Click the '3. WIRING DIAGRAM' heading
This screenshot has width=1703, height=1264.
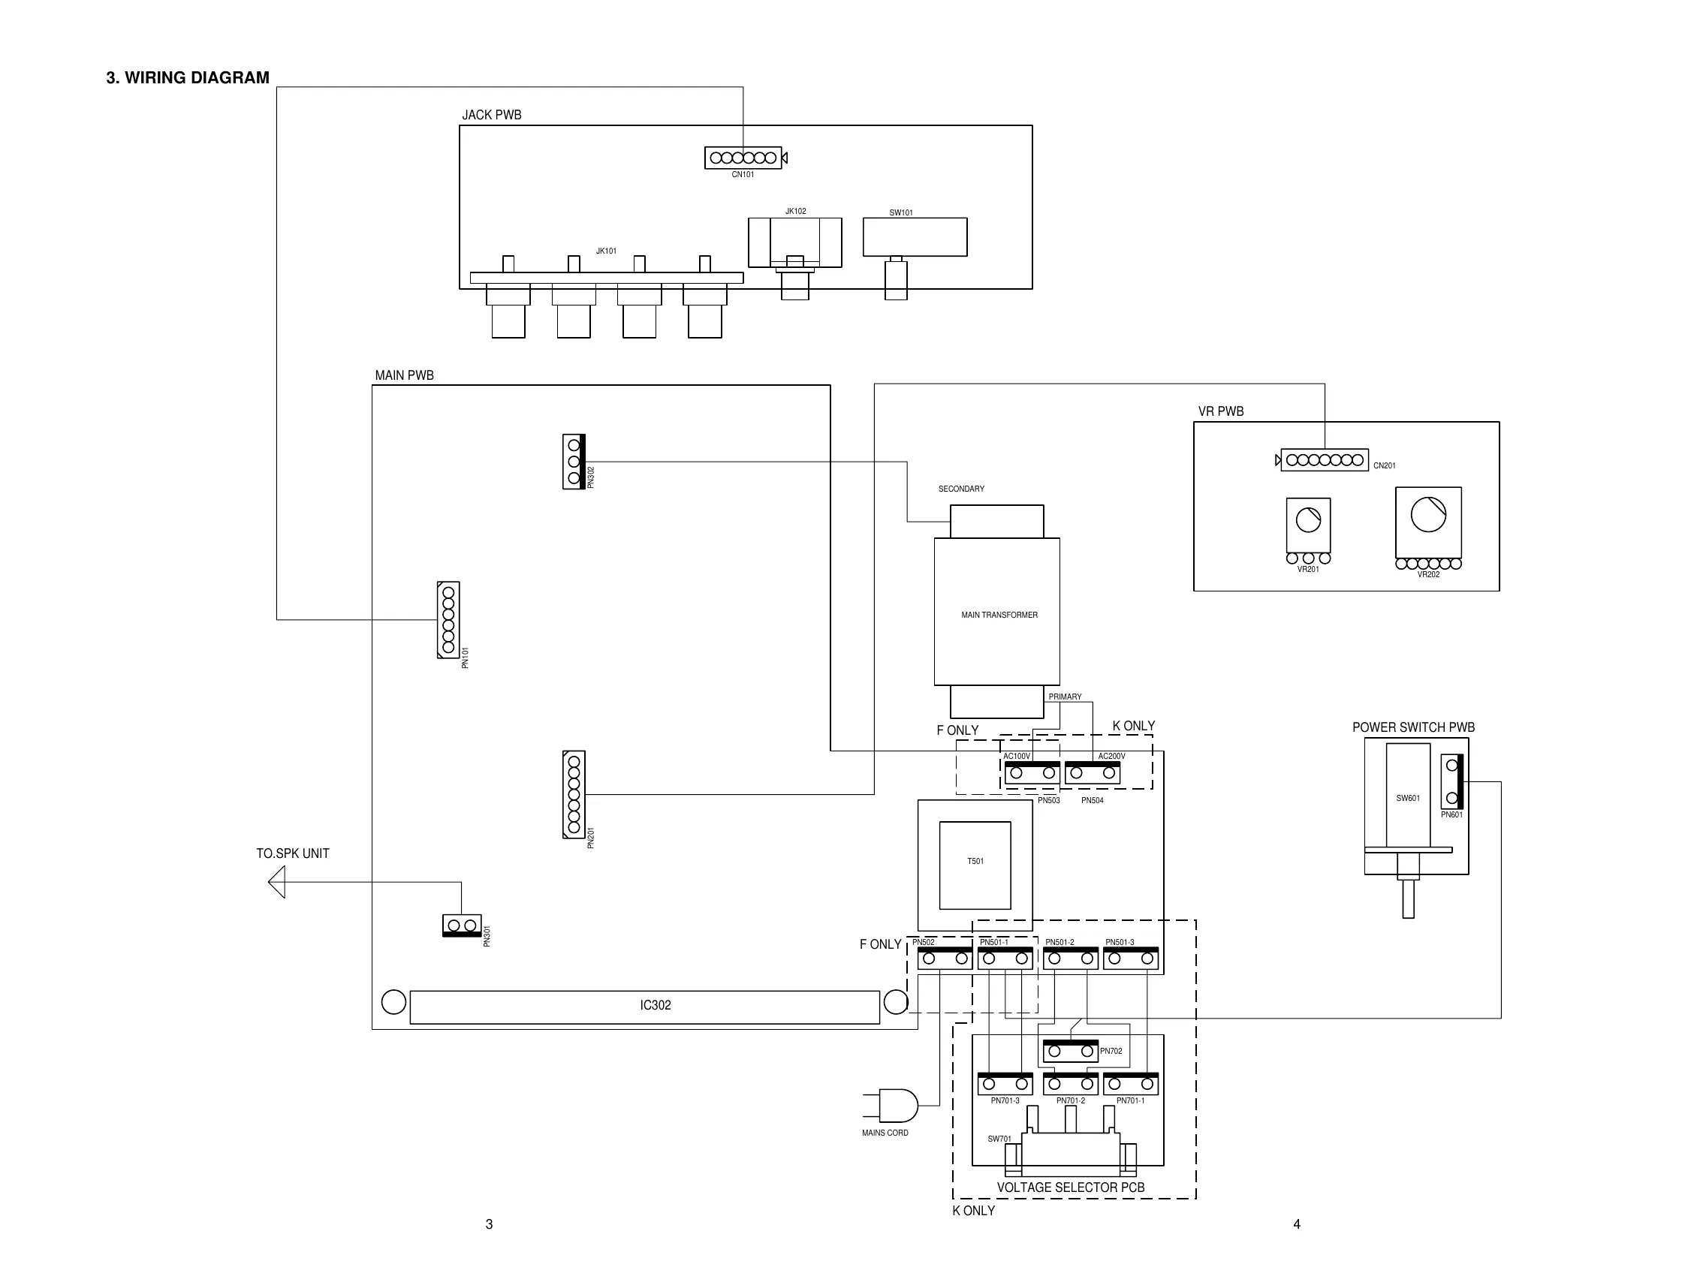pyautogui.click(x=188, y=78)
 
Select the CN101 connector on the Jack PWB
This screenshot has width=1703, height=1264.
pyautogui.click(x=743, y=158)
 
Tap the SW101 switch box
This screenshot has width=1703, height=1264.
pyautogui.click(x=915, y=237)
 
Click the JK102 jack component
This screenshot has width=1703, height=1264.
pyautogui.click(x=794, y=242)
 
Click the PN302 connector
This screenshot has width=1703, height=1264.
pyautogui.click(x=573, y=462)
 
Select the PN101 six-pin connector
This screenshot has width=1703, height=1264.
pyautogui.click(x=448, y=620)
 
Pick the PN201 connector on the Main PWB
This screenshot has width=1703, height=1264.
pyautogui.click(x=573, y=794)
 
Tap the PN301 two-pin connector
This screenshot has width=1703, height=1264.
pyautogui.click(x=462, y=925)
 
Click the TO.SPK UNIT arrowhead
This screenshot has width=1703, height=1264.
pyautogui.click(x=277, y=882)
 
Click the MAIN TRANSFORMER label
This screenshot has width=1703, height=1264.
pyautogui.click(x=999, y=615)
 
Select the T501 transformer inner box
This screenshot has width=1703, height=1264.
pyautogui.click(x=975, y=865)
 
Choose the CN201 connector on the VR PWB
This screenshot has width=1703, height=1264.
pyautogui.click(x=1324, y=460)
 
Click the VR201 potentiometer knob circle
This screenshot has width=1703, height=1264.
pyautogui.click(x=1308, y=520)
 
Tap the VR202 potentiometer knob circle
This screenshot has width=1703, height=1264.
pyautogui.click(x=1428, y=514)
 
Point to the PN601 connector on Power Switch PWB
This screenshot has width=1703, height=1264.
pyautogui.click(x=1452, y=781)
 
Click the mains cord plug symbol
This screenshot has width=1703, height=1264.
pyautogui.click(x=897, y=1105)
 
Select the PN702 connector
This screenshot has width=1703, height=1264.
pyautogui.click(x=1070, y=1052)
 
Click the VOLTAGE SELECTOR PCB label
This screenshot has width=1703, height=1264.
pyautogui.click(x=1070, y=1187)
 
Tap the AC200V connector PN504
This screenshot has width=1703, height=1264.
pyautogui.click(x=1093, y=773)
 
